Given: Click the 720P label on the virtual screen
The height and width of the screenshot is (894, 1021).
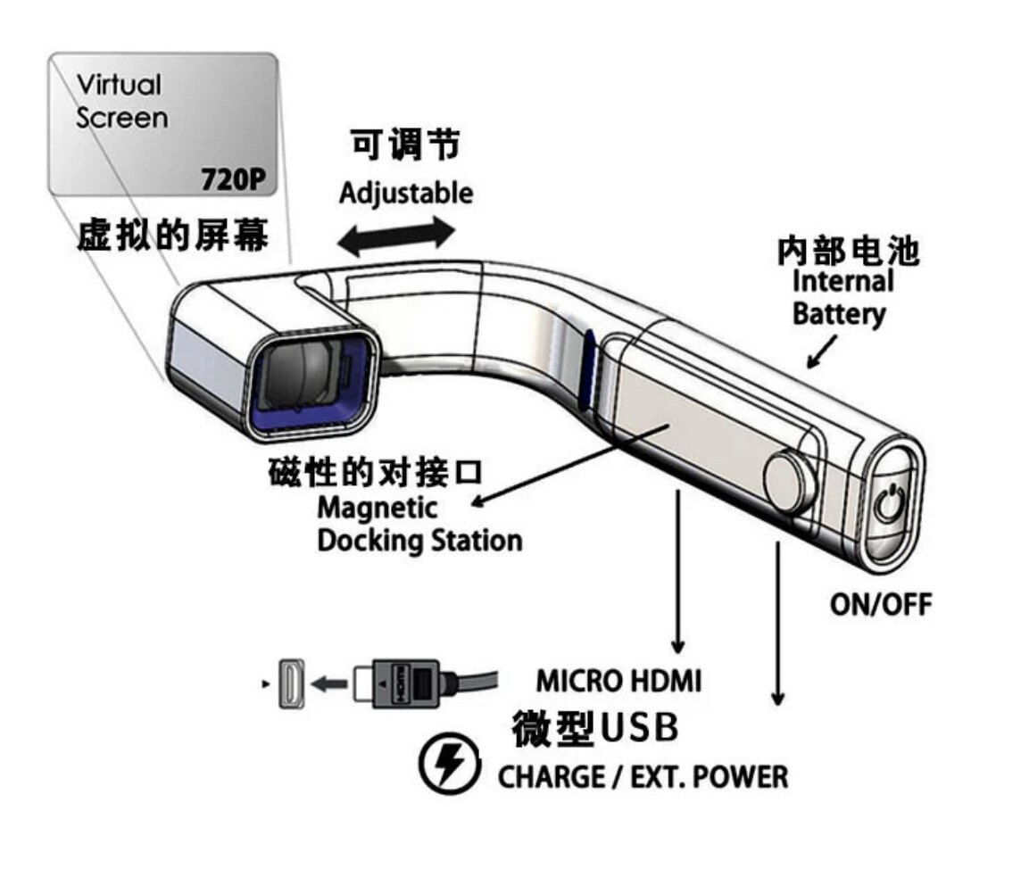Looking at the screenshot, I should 235,179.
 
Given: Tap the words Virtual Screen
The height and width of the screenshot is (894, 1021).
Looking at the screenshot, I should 120,101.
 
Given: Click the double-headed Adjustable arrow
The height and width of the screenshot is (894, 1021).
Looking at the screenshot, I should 398,235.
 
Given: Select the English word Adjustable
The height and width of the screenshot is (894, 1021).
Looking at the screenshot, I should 406,192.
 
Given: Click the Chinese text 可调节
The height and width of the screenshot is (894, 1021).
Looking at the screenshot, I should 404,145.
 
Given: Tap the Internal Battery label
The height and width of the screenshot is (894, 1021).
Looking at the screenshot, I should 843,298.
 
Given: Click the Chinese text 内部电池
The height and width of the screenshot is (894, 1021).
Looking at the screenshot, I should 847,252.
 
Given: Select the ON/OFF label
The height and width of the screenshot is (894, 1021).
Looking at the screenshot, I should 880,604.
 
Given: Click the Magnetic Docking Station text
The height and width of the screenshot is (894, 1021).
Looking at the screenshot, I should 419,525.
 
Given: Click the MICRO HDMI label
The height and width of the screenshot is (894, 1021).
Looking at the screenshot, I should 618,681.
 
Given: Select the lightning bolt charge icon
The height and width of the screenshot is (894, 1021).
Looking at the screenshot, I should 444,765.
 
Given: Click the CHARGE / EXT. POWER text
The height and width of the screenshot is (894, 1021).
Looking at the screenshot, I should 643,775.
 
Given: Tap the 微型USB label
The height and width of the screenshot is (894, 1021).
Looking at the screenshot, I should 594,728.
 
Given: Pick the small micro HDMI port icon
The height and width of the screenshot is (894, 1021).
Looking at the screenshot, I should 293,686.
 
